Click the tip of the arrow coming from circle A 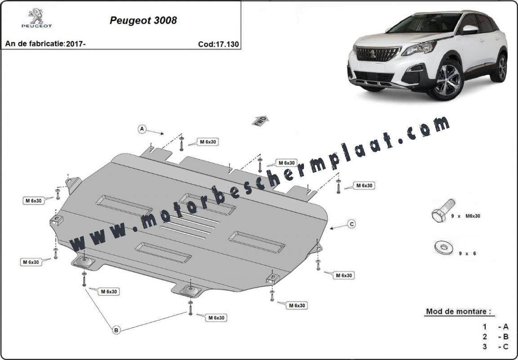click(x=164, y=134)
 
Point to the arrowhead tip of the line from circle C click(x=330, y=228)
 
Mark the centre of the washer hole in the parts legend click(x=441, y=246)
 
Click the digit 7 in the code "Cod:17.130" click(x=222, y=44)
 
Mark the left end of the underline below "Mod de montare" click(x=424, y=316)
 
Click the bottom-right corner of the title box click(x=241, y=49)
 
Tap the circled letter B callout click(x=116, y=330)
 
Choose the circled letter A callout click(x=142, y=129)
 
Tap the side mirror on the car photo click(x=470, y=29)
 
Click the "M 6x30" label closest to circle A click(x=208, y=142)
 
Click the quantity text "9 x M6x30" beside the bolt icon click(x=465, y=216)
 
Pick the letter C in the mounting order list click(x=505, y=347)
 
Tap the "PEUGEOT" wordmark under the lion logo click(x=36, y=26)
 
